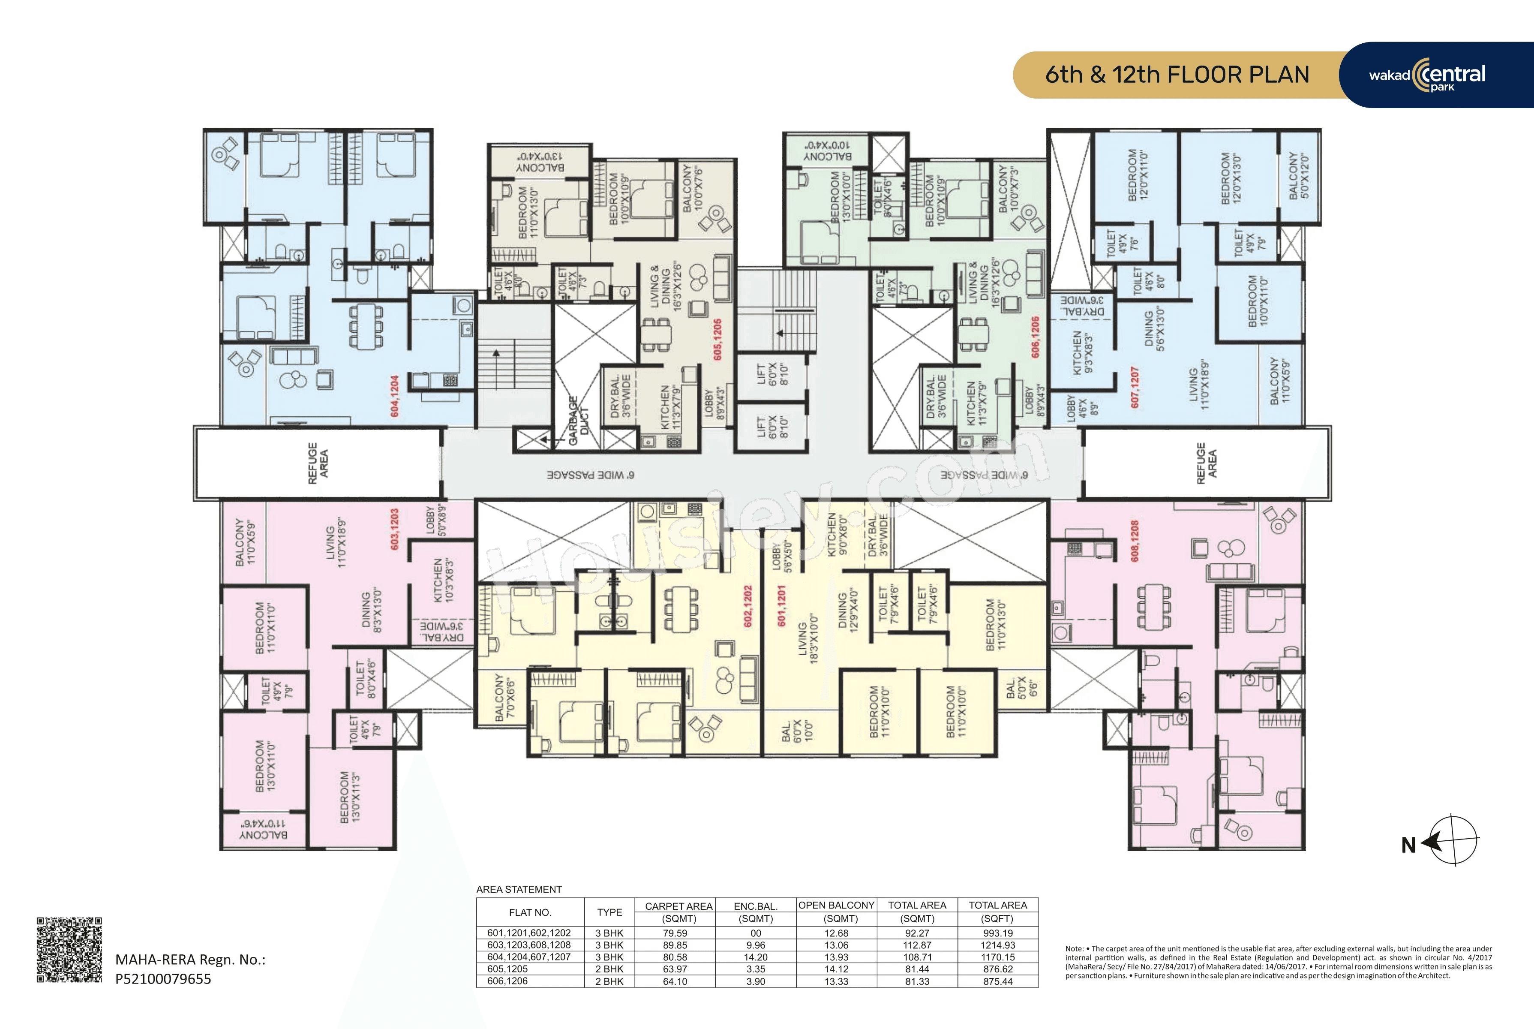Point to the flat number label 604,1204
[394, 396]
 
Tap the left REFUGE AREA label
[318, 463]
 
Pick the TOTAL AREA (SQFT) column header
[997, 912]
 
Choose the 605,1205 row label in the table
[507, 969]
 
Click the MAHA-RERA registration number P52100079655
[163, 978]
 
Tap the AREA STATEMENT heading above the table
[519, 889]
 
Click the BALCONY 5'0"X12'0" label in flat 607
[1298, 175]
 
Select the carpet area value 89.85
[675, 945]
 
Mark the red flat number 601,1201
[781, 605]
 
